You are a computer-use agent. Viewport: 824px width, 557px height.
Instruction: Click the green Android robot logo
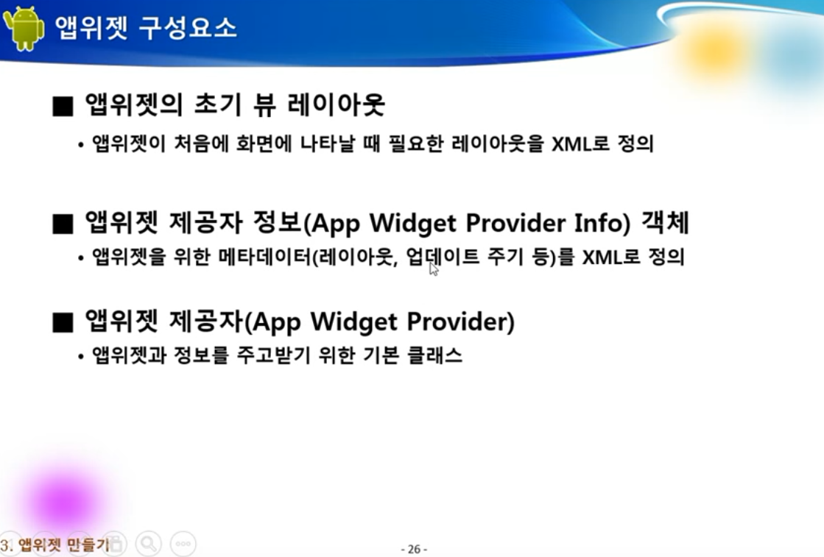click(x=23, y=29)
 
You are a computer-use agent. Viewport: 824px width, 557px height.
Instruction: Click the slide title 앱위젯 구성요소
click(x=146, y=28)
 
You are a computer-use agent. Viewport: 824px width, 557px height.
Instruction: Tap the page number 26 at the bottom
click(x=414, y=549)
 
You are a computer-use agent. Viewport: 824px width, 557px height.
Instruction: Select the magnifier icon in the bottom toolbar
click(x=149, y=543)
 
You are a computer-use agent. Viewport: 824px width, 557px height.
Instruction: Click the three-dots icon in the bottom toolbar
click(x=183, y=544)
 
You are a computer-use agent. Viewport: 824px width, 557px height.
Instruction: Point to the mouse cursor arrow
click(x=434, y=269)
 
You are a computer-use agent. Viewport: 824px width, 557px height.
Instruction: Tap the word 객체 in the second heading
click(x=665, y=222)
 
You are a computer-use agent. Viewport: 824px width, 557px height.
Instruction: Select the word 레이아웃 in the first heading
click(x=337, y=104)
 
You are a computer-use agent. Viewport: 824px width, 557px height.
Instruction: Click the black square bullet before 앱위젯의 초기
click(x=63, y=107)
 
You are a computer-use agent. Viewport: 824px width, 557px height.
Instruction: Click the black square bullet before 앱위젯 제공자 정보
click(x=63, y=224)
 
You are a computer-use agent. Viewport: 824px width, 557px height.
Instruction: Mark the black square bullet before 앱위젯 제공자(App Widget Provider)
click(x=63, y=322)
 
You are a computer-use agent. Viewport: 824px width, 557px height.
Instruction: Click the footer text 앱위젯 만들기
click(x=63, y=544)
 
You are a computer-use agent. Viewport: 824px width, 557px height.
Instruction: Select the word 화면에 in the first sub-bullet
click(x=264, y=143)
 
